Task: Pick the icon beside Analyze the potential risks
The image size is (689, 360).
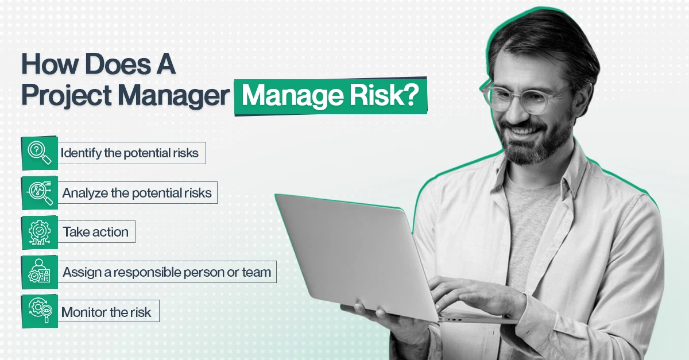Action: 40,193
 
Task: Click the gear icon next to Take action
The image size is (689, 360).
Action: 40,232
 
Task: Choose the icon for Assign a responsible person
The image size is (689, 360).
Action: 40,272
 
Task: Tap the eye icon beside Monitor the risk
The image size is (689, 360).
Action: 40,312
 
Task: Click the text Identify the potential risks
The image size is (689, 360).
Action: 130,153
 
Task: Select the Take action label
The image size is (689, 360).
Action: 95,232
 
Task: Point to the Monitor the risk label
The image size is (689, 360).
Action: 106,312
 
